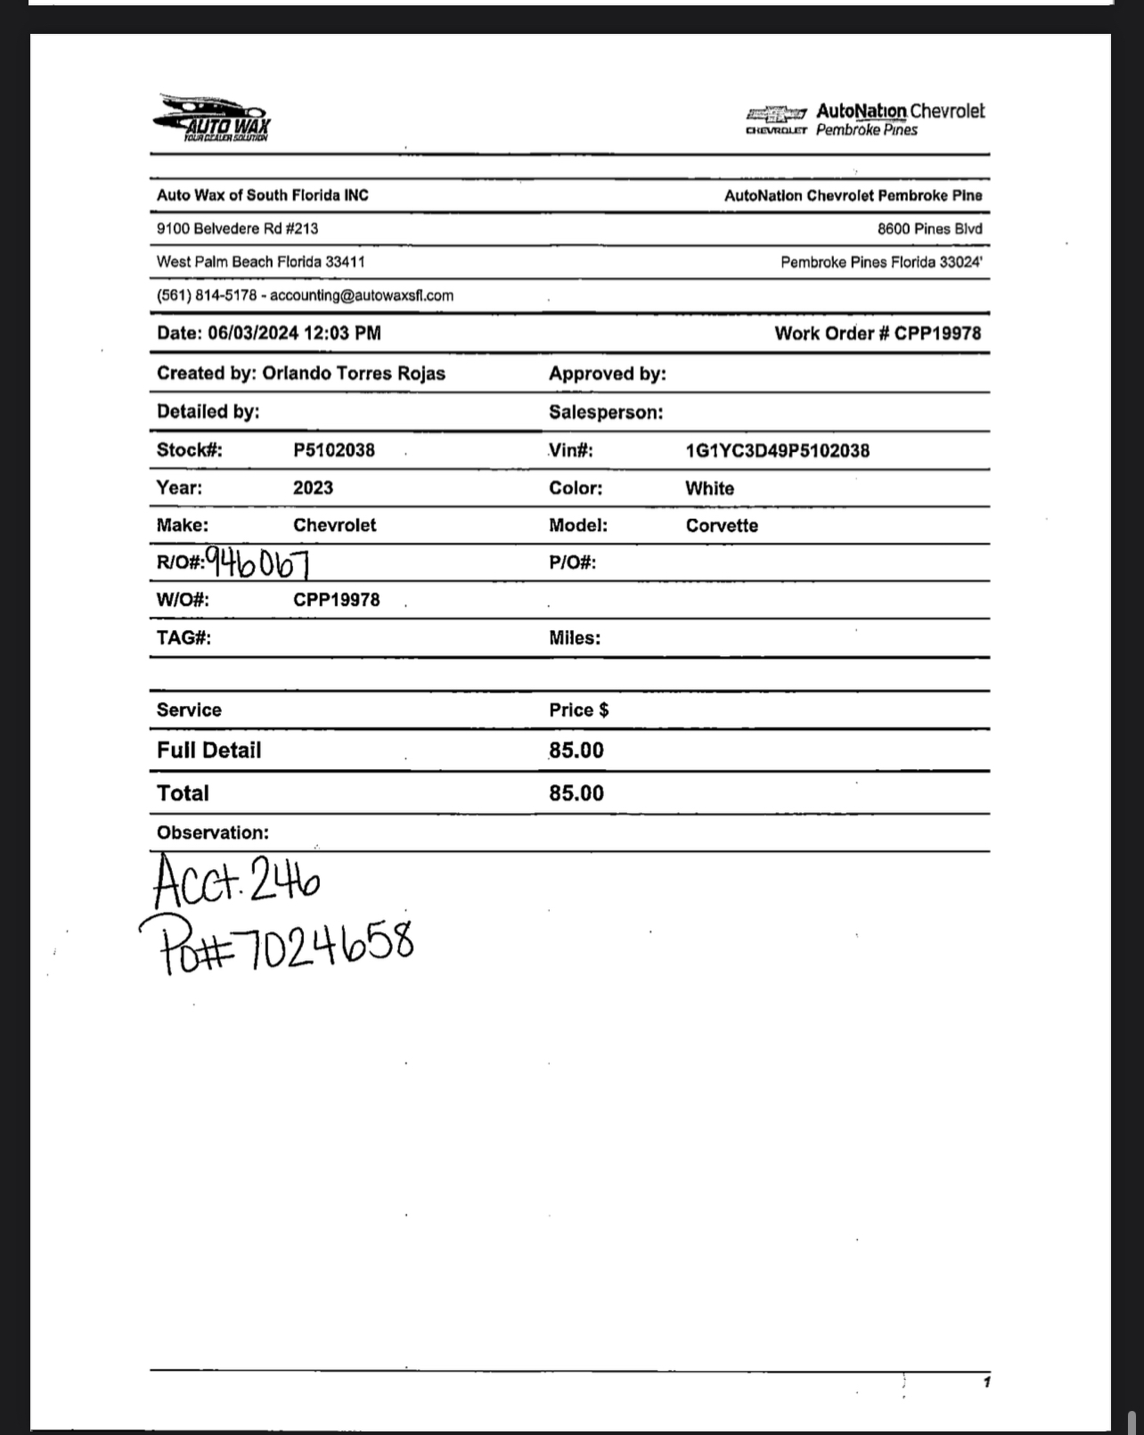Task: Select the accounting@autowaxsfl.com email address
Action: coord(362,296)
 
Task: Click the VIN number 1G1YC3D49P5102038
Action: coord(777,451)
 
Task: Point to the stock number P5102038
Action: coord(334,450)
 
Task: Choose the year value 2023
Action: coord(313,488)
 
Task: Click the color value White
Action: coord(709,488)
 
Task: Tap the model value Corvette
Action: coord(722,526)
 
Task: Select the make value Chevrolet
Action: coord(334,525)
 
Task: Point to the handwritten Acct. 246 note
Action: coord(237,881)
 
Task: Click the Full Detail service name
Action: coord(208,750)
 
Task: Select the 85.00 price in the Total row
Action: coord(576,793)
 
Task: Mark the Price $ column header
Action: coord(578,710)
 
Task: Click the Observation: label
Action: coord(212,832)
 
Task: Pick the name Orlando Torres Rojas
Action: coord(353,373)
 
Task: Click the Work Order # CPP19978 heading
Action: coord(877,333)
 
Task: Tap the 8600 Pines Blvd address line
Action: coord(929,229)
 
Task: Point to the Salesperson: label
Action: coord(605,413)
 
